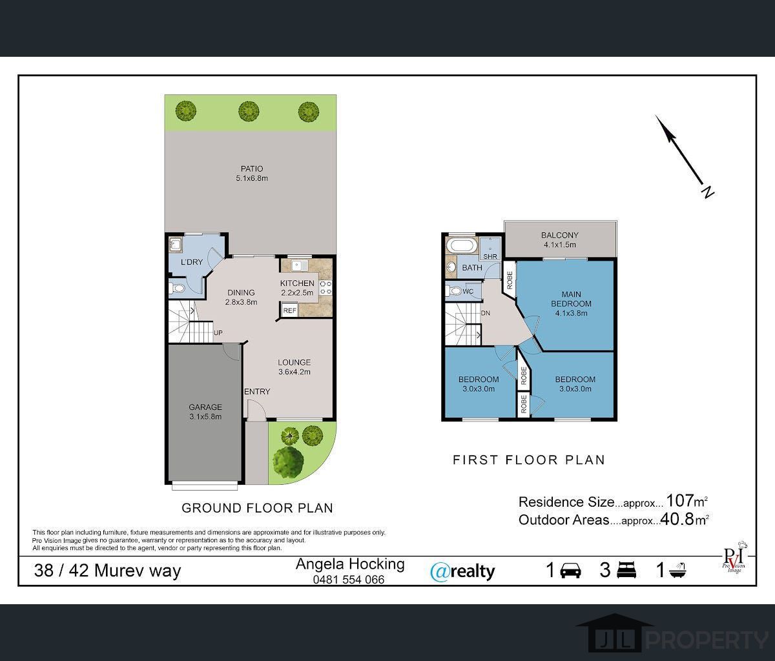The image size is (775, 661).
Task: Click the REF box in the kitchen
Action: click(x=289, y=310)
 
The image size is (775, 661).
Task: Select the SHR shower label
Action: click(x=490, y=257)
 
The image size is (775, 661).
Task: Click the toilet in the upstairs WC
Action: click(x=454, y=290)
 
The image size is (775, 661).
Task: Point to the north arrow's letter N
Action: click(x=707, y=192)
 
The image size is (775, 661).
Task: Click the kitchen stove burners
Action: click(x=325, y=287)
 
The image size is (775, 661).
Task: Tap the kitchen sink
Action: click(x=300, y=265)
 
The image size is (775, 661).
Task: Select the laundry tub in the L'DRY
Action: click(x=175, y=245)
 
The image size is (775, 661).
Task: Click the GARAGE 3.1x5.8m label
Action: click(x=205, y=411)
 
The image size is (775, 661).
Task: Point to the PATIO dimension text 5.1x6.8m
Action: click(x=252, y=178)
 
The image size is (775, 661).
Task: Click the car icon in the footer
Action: click(x=571, y=571)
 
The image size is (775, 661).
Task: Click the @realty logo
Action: click(x=462, y=572)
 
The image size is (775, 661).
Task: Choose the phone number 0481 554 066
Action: click(x=349, y=580)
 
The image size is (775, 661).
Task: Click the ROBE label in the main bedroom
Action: click(x=510, y=280)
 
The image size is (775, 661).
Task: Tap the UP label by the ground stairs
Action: click(x=218, y=332)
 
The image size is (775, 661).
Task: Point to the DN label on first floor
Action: click(x=485, y=313)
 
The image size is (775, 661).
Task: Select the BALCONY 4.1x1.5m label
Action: click(x=560, y=240)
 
